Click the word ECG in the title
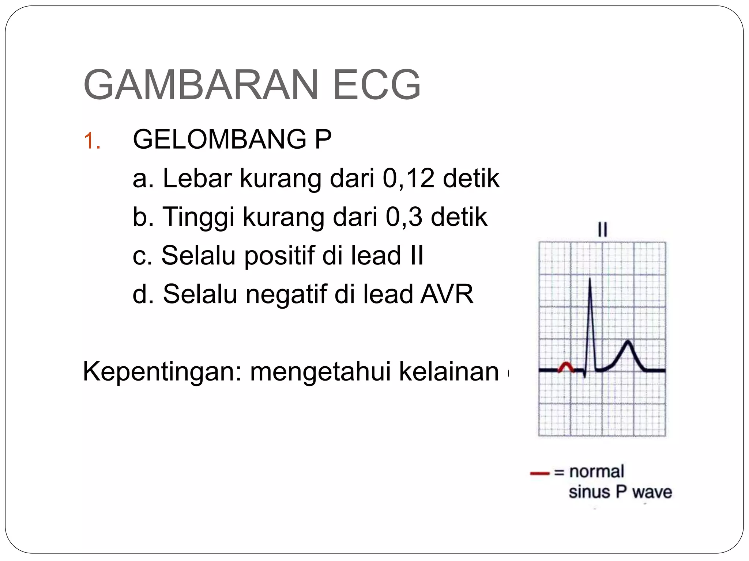click(377, 85)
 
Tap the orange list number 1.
click(91, 141)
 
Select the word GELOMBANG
click(219, 140)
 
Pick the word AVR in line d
click(447, 294)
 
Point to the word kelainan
click(449, 372)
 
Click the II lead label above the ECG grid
click(602, 230)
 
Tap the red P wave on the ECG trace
click(566, 366)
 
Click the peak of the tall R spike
click(590, 279)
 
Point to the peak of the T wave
click(628, 341)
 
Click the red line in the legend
click(540, 473)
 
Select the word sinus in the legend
click(589, 492)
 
